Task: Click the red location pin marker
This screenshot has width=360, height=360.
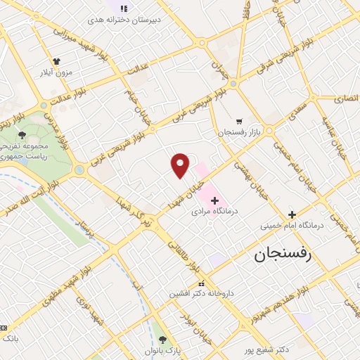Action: [180, 165]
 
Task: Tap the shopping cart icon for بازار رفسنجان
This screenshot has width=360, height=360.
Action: [239, 121]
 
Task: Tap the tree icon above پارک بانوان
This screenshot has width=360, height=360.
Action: [162, 340]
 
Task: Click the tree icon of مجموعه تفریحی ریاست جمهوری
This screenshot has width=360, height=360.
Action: [22, 135]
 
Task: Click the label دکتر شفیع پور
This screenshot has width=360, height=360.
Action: [274, 348]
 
